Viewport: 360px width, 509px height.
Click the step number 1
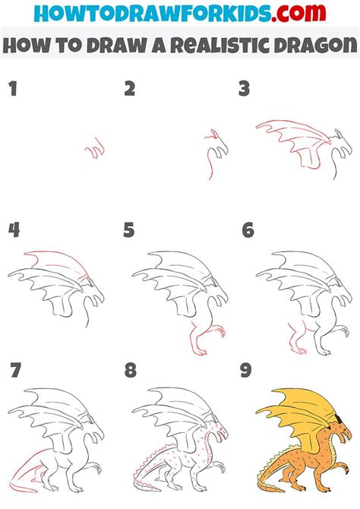[x=11, y=90]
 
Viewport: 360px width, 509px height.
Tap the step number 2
[x=130, y=90]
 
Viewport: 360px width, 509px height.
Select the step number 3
[x=245, y=90]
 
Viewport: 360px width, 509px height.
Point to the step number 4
[x=13, y=229]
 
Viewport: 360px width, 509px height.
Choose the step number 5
[x=130, y=229]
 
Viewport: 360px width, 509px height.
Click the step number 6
[x=248, y=229]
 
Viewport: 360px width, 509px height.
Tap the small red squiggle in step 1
[x=94, y=150]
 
